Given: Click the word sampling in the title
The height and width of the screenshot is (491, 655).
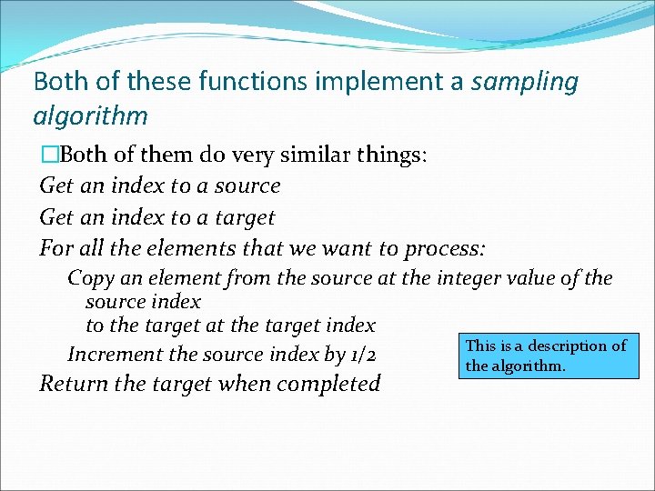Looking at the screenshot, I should pyautogui.click(x=526, y=82).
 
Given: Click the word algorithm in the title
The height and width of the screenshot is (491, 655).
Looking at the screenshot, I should pyautogui.click(x=90, y=116).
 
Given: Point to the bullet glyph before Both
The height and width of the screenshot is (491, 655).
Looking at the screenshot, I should pyautogui.click(x=48, y=155).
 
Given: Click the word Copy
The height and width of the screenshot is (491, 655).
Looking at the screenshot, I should pyautogui.click(x=90, y=278).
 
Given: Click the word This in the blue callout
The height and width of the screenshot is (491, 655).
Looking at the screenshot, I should pyautogui.click(x=480, y=346).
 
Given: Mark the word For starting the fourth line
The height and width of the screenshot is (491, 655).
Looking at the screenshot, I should pyautogui.click(x=55, y=248).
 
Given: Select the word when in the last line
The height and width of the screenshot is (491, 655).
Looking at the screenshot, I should pyautogui.click(x=245, y=384).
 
